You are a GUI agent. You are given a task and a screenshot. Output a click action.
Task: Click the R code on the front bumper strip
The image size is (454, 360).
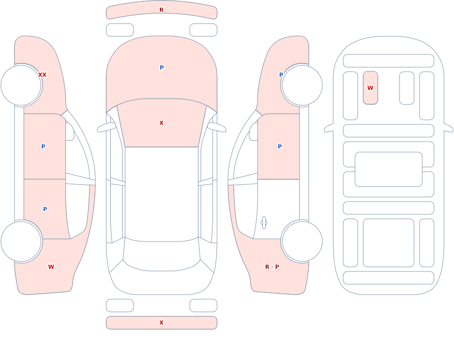(161, 10)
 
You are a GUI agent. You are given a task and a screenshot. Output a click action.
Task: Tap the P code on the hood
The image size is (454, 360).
(162, 68)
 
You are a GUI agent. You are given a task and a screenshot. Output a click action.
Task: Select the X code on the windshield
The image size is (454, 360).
(161, 123)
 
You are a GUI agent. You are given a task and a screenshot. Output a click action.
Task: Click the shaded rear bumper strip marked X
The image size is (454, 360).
(162, 323)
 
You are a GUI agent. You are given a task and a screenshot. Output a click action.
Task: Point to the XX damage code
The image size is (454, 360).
(42, 75)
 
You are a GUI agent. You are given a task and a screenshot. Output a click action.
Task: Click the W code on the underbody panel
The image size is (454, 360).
(370, 88)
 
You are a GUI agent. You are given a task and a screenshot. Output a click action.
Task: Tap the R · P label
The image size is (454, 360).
(272, 267)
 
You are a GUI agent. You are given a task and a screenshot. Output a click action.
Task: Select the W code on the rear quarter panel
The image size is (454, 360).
(51, 267)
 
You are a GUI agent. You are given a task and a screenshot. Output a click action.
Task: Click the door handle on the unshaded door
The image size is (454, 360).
(264, 223)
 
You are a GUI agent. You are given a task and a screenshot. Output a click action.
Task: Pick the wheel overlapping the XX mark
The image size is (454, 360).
(21, 85)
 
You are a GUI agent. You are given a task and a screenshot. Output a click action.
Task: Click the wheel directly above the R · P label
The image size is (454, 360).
(302, 242)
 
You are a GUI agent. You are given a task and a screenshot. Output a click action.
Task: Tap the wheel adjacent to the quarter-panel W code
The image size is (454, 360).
(21, 242)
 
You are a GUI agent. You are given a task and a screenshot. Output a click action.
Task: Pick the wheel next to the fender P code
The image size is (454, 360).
(302, 85)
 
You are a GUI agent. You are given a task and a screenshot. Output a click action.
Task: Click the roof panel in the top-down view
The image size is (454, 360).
(162, 194)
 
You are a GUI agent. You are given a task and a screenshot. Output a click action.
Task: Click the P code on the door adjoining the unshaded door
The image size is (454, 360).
(280, 146)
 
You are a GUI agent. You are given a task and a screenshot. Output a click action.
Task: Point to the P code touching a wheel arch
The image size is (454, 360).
(281, 75)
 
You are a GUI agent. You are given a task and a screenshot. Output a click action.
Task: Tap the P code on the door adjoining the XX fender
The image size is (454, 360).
(43, 146)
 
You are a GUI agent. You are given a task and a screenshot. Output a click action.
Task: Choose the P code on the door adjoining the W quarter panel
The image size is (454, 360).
(45, 209)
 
